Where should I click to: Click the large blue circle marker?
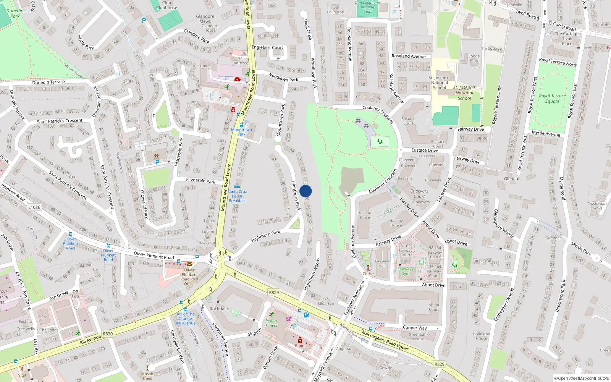point(305,191)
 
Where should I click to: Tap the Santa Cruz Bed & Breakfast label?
point(238,196)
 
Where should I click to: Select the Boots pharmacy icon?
point(300,340)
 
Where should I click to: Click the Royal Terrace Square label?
point(552,99)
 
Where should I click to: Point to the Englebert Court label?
point(267,47)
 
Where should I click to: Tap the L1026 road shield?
point(34,207)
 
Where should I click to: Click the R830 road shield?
point(108,333)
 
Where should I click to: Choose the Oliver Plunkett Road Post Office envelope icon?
point(189,264)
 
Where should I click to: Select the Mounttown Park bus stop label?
point(241,132)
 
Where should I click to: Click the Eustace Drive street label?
point(425,150)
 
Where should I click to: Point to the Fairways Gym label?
point(406,271)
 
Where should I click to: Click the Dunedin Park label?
point(15,13)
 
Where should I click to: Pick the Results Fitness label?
point(271,323)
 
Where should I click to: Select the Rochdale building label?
point(218,309)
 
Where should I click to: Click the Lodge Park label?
point(474,58)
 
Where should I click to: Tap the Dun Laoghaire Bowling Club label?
point(367,7)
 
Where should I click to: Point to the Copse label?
point(368,274)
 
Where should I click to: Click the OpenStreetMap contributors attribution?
point(582,378)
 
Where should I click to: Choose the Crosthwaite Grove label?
point(597,206)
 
